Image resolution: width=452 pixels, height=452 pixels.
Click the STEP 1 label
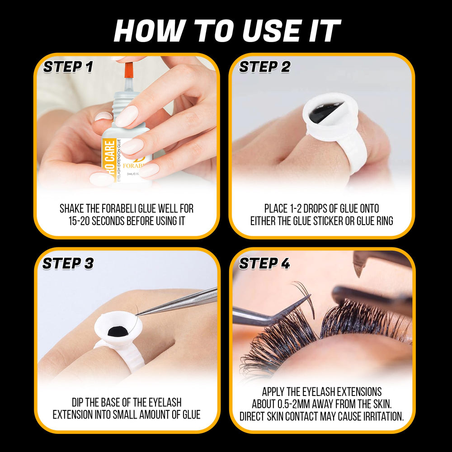pos(68,67)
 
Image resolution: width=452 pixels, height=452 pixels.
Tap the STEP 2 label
pos(264,67)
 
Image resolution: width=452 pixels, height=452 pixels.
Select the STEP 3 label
pos(68,264)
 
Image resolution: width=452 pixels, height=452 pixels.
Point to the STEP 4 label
pos(264,264)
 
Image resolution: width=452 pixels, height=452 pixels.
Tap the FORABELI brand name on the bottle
pos(133,166)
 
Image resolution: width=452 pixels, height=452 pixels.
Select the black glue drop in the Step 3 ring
pos(118,331)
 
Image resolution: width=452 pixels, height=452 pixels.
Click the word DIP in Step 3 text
pos(77,402)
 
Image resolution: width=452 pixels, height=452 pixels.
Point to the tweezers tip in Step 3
pos(138,315)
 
